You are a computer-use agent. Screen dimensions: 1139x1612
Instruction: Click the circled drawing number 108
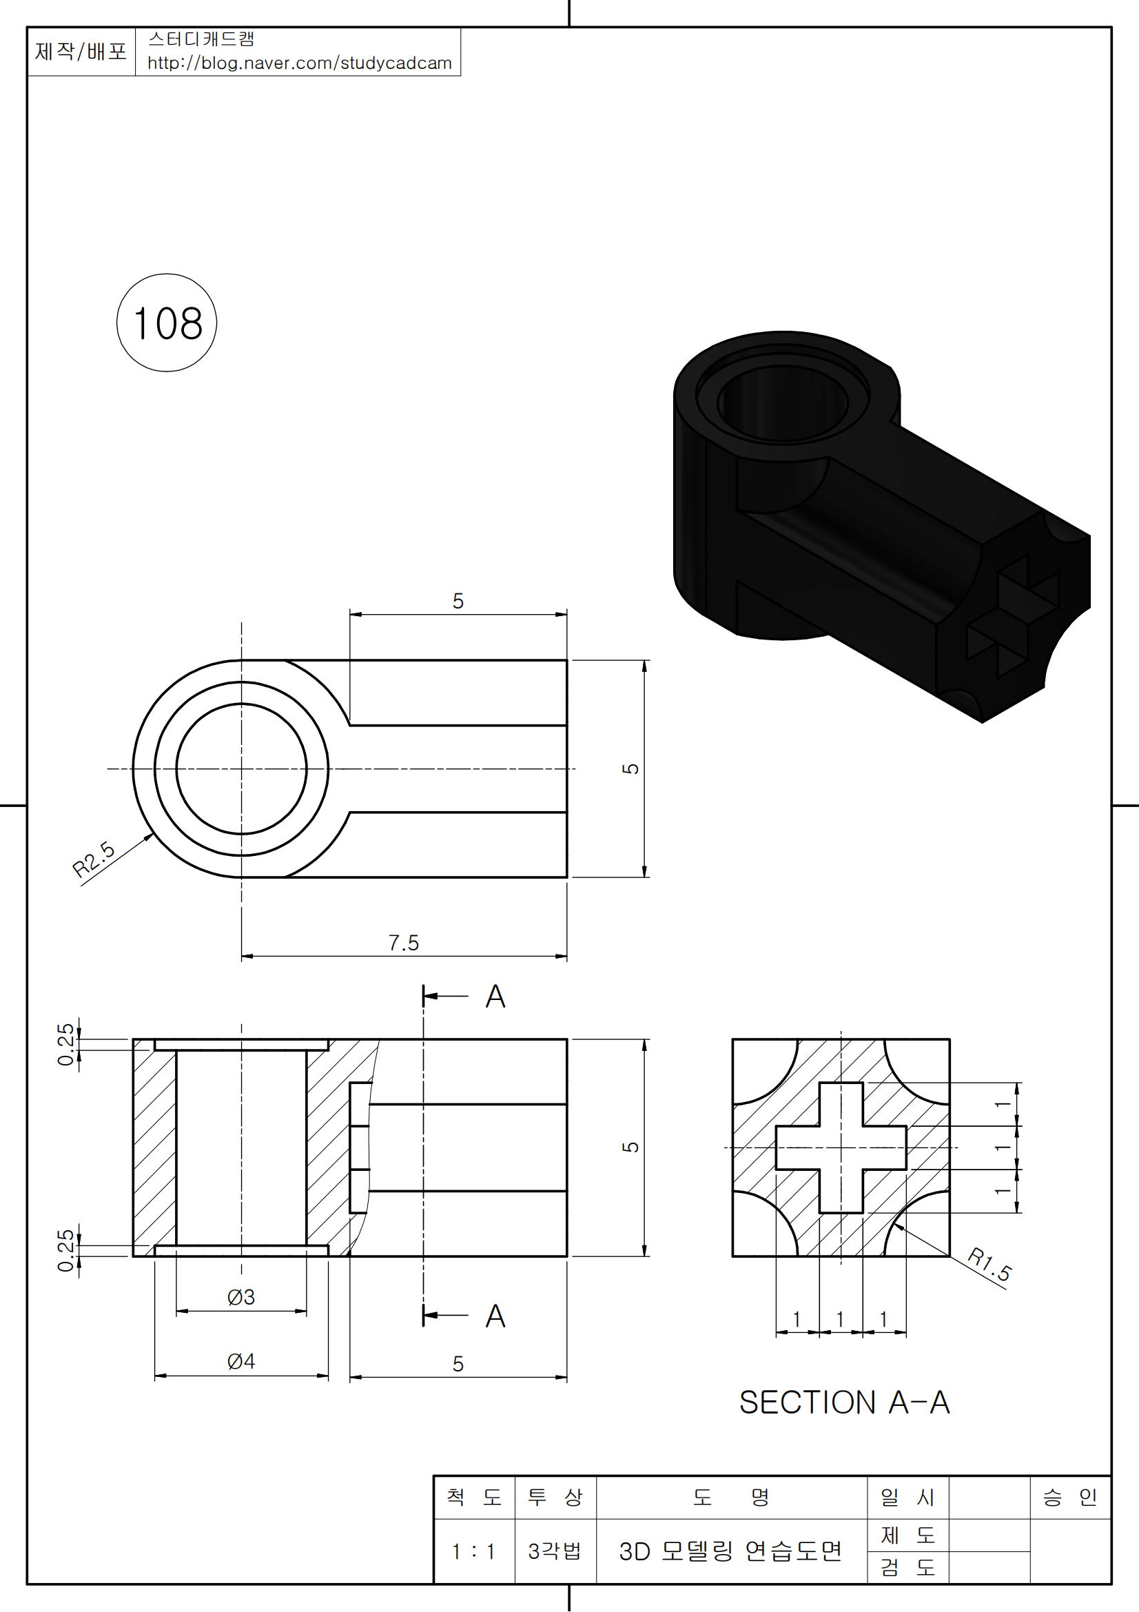[x=167, y=323]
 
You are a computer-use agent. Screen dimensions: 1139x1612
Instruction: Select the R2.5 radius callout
[x=93, y=860]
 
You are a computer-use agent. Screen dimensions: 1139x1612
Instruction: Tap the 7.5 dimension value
[x=404, y=943]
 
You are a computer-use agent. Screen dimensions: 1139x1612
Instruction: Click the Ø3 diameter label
[x=240, y=1298]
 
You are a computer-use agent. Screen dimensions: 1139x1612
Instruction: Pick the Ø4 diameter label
[x=240, y=1362]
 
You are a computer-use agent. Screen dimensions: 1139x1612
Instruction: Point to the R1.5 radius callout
[x=989, y=1265]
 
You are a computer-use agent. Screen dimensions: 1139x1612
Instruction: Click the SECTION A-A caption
[x=844, y=1402]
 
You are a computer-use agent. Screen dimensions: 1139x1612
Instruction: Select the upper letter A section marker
[x=495, y=997]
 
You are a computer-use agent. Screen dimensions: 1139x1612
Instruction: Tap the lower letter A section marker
[x=495, y=1316]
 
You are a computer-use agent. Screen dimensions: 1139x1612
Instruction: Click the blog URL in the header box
[x=300, y=63]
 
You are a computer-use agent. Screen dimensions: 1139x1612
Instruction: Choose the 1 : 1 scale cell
[x=473, y=1551]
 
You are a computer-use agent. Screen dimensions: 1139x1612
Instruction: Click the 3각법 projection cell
[x=555, y=1551]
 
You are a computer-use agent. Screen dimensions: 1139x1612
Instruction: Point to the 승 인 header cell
[x=1069, y=1498]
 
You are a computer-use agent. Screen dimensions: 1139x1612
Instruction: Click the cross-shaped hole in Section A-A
[x=841, y=1148]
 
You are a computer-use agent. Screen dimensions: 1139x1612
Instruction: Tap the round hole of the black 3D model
[x=783, y=404]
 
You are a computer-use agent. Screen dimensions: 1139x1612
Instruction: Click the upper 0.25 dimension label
[x=65, y=1045]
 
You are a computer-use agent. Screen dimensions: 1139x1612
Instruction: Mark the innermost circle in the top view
[x=241, y=769]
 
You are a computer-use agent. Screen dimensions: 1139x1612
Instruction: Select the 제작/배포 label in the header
[x=81, y=51]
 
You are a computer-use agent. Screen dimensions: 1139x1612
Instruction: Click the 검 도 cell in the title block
[x=907, y=1567]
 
